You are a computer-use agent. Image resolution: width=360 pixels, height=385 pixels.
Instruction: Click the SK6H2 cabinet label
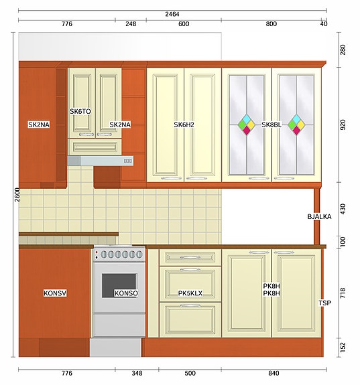(x=184, y=125)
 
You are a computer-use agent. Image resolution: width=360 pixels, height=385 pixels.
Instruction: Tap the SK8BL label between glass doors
(x=272, y=125)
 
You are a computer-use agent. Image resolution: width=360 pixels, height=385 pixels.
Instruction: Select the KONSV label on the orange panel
(x=55, y=293)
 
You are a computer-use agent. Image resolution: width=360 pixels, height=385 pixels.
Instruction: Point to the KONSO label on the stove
(x=126, y=293)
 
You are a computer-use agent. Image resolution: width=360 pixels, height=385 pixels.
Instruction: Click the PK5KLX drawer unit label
(x=190, y=293)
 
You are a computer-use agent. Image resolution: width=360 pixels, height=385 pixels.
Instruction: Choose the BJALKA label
(x=319, y=216)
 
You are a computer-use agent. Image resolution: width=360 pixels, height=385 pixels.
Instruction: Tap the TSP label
(x=325, y=303)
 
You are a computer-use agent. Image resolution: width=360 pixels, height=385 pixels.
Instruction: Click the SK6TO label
(x=80, y=111)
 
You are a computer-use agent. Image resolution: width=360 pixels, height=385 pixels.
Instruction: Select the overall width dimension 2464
(x=172, y=14)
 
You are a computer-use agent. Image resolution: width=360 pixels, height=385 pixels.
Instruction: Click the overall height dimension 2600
(x=17, y=194)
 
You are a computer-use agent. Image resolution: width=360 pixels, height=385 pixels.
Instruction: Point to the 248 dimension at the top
(x=131, y=24)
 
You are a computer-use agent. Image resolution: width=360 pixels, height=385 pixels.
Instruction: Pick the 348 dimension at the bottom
(x=137, y=374)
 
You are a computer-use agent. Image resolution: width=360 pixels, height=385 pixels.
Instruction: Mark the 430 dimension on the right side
(x=343, y=209)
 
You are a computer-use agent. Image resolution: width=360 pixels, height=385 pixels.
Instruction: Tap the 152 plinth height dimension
(x=343, y=348)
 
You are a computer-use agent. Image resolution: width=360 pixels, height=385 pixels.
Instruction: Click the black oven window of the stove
(x=119, y=285)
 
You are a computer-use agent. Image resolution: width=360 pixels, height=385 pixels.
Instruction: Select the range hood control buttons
(x=128, y=161)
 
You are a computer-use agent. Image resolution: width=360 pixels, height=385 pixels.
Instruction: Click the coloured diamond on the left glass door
(x=247, y=125)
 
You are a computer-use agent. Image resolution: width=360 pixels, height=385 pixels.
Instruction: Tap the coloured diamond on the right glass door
(x=296, y=125)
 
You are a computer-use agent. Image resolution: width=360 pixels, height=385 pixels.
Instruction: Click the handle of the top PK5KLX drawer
(x=190, y=258)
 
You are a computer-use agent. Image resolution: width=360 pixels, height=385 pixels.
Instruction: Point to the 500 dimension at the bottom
(x=190, y=374)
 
